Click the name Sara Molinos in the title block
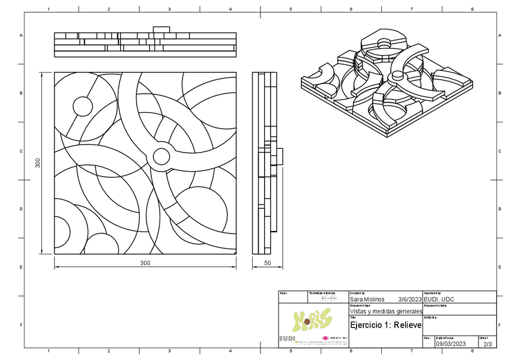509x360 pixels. point(367,299)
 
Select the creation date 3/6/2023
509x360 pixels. point(409,299)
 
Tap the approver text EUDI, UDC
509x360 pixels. point(439,299)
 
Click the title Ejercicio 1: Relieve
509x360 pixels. point(385,325)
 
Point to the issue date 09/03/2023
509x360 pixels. point(451,344)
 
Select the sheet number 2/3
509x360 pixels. point(487,344)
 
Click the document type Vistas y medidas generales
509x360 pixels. point(385,311)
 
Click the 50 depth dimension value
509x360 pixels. point(267,263)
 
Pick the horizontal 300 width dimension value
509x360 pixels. point(145,263)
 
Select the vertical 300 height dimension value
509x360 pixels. point(38,163)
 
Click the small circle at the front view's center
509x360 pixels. point(161,157)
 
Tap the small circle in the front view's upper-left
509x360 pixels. point(83,106)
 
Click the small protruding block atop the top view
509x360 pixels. point(161,29)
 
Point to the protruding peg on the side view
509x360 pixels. point(279,156)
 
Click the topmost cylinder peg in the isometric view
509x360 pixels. point(383,43)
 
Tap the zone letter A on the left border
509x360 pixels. point(21,35)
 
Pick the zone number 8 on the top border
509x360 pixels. point(472,10)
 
